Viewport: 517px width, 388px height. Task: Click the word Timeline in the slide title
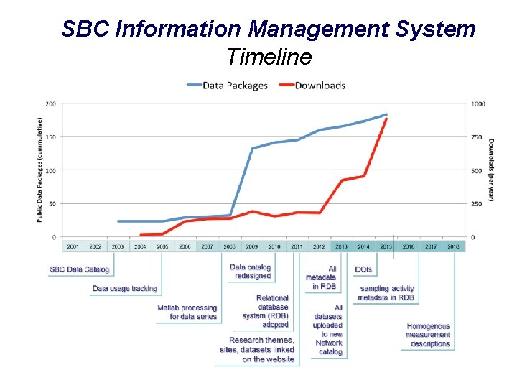(269, 56)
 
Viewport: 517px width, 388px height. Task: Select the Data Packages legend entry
(235, 85)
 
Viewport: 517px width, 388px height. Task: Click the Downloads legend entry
(320, 85)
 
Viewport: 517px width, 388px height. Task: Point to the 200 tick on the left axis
(51, 103)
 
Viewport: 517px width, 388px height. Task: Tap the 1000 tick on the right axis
(478, 103)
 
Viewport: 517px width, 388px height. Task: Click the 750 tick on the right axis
(477, 137)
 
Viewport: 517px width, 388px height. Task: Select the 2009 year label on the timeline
(251, 246)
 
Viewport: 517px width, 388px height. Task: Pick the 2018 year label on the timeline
(453, 246)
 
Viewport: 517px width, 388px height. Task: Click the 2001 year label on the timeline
(73, 246)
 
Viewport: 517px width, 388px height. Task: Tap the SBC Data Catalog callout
(79, 269)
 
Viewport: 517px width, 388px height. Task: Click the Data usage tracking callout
(125, 288)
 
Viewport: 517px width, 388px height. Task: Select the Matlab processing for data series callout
(187, 312)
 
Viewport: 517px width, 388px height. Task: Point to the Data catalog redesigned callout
(250, 272)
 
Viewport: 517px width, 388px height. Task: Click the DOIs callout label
(363, 269)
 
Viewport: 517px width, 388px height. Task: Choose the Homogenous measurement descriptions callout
(428, 335)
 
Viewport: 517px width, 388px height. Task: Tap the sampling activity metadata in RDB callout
(386, 293)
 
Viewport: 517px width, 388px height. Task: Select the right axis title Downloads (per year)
(491, 170)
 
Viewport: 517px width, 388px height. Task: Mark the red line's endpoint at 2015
(386, 119)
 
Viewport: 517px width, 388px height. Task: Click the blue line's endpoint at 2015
(386, 114)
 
